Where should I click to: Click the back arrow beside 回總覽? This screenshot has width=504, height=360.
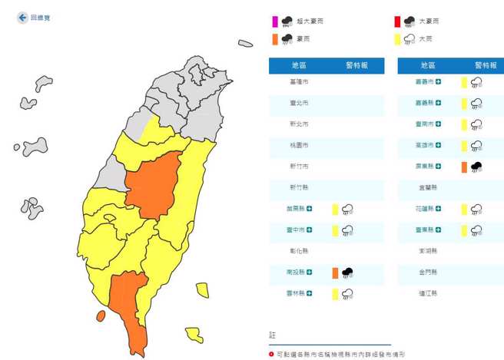pos(22,17)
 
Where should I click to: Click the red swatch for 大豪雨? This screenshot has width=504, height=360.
pos(398,21)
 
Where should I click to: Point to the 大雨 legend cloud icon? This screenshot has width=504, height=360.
pos(409,38)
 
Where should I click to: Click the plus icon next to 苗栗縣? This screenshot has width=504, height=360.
pos(310,209)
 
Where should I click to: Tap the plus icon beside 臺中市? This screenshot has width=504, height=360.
pos(310,230)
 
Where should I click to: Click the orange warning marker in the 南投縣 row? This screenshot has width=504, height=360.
pos(335,272)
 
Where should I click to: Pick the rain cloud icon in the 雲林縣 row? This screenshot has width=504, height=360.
pos(347,293)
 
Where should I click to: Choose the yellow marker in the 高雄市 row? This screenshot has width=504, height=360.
pos(464,145)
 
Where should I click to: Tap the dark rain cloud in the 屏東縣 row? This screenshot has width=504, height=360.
pos(476,167)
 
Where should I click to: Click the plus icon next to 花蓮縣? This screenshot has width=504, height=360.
pos(439,209)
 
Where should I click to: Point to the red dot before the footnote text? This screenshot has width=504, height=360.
pos(271,355)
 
